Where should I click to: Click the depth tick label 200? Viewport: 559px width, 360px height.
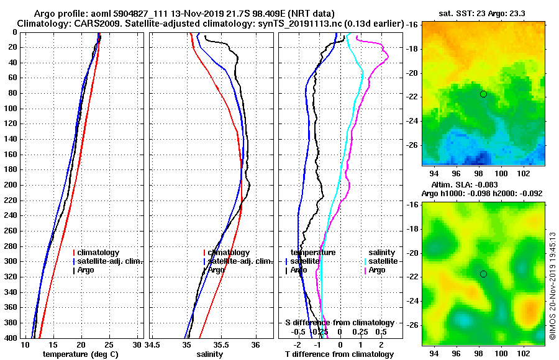click(x=10, y=185)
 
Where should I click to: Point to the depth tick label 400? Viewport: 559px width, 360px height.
click(x=10, y=338)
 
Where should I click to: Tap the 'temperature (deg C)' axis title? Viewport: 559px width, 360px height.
click(x=80, y=354)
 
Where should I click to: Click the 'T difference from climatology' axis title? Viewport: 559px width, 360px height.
click(x=339, y=354)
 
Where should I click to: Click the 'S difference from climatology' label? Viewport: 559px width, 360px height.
click(x=339, y=323)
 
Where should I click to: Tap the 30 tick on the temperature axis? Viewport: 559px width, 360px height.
click(x=138, y=344)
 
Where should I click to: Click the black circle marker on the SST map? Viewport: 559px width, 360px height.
click(x=483, y=94)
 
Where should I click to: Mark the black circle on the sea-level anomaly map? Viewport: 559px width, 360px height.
click(x=483, y=274)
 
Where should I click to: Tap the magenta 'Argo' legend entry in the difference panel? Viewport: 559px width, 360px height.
click(x=377, y=270)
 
